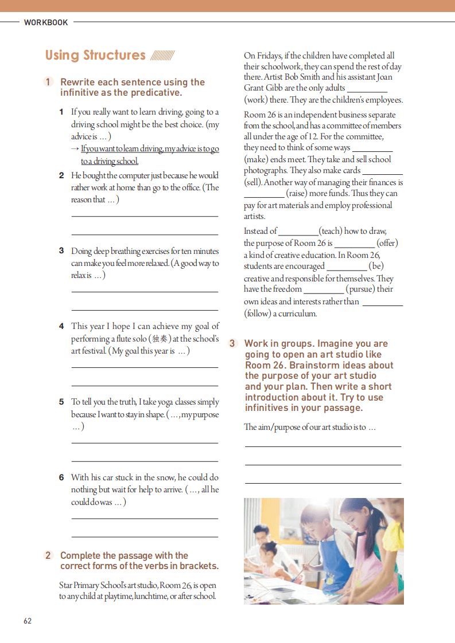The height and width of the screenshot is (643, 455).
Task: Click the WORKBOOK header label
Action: click(x=46, y=23)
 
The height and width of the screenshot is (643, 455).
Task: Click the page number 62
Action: click(x=28, y=621)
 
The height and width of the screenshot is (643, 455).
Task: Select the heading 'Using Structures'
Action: click(x=95, y=56)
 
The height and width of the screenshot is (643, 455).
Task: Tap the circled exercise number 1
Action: click(x=49, y=82)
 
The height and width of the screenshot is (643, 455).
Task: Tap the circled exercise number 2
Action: click(x=49, y=555)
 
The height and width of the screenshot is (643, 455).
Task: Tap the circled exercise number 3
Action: click(x=232, y=343)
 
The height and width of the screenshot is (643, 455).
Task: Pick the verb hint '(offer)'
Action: click(x=387, y=243)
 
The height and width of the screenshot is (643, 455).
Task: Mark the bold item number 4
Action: click(x=61, y=326)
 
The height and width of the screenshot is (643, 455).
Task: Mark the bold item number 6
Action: click(x=61, y=477)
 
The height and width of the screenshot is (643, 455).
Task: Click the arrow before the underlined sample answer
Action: click(x=75, y=149)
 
